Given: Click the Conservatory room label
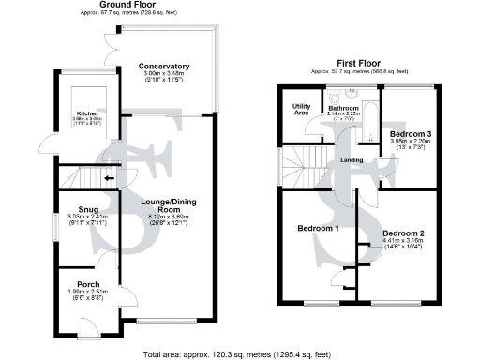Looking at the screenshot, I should coord(164,67).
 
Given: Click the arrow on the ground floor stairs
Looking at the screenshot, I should coord(110,177).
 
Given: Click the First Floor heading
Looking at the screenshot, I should coord(355,64).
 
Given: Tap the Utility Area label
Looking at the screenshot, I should coord(301,110).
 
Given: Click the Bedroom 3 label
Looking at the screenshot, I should coord(410,134).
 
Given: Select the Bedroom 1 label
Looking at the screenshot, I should coord(318,229).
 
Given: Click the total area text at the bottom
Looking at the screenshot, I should coord(238,354).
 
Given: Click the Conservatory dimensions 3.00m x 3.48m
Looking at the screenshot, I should coord(164,75).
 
